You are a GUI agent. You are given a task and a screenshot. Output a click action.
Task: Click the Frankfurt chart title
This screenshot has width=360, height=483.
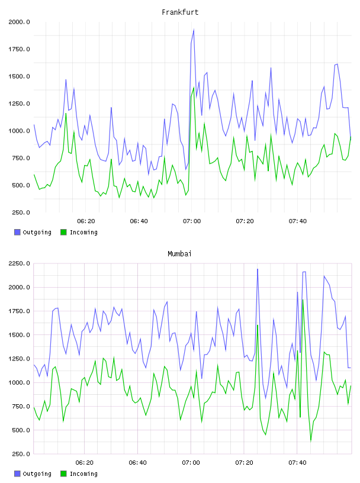pos(180,12)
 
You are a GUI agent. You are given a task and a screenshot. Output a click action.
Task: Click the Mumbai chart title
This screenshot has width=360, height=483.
pos(179,254)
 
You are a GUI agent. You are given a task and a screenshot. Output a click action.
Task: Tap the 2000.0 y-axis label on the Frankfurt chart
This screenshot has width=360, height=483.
pos(19,22)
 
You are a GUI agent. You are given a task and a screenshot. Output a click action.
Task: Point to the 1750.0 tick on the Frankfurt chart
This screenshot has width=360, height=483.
pos(19,49)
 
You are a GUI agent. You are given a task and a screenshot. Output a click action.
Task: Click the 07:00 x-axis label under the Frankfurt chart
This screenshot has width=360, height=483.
pos(192,221)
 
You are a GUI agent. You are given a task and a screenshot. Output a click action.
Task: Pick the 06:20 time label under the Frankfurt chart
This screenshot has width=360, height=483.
pos(86,221)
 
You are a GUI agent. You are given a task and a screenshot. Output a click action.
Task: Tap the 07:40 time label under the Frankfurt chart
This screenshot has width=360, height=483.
pos(298,221)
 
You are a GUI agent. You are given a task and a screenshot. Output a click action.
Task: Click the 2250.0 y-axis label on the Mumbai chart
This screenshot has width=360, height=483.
pos(19,263)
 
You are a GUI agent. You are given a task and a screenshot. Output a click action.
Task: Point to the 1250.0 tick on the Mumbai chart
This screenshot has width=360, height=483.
pos(19,359)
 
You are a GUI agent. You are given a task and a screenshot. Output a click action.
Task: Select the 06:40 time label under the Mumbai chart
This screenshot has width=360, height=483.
pos(138,463)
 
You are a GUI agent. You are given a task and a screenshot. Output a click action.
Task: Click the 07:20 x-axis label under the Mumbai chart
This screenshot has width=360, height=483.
pos(244,463)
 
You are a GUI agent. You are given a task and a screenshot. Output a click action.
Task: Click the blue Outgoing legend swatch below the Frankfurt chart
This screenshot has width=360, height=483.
pos(17,232)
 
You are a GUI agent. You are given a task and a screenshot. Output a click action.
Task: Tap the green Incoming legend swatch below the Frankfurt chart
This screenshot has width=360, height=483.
pos(63,232)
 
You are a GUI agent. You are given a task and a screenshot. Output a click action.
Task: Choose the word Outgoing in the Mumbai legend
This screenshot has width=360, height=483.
pos(37,474)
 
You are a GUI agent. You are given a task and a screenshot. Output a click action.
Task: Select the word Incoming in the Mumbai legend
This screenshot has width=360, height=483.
pos(83,474)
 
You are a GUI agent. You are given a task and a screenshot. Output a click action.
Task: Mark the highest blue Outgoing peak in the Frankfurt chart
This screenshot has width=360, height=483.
pos(194,30)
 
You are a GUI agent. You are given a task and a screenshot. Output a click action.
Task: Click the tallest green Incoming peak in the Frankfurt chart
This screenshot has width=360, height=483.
pos(194,88)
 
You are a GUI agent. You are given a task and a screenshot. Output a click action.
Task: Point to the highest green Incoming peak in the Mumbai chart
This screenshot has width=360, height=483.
pos(303,300)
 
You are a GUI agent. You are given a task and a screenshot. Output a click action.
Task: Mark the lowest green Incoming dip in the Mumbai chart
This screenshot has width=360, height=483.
pos(311,441)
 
